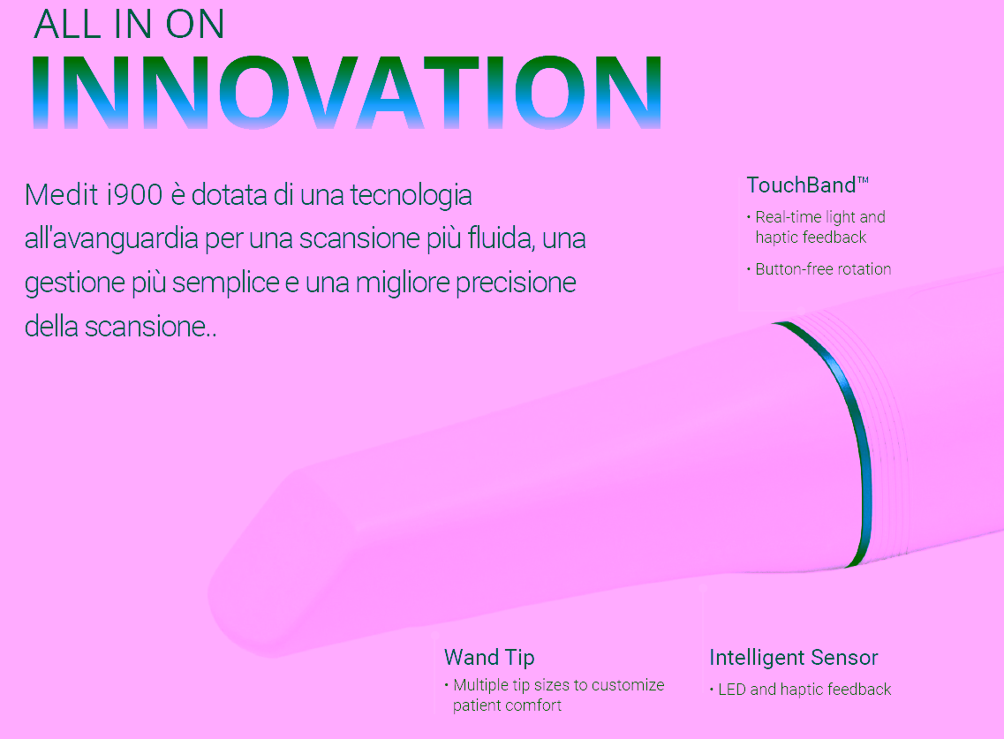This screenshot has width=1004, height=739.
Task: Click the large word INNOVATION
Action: [x=346, y=92]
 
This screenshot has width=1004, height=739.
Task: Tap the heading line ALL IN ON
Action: [x=129, y=25]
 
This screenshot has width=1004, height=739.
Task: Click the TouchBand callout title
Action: [x=807, y=185]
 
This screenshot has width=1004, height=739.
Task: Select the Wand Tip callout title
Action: [x=489, y=657]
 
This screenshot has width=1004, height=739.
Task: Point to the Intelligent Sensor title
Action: [x=793, y=658]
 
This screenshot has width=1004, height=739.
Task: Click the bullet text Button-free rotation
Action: [x=823, y=269]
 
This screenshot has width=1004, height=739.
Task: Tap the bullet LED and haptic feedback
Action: [x=804, y=689]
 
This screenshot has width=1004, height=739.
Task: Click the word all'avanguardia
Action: [x=110, y=239]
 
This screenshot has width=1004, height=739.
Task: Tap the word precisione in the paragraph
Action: [x=516, y=283]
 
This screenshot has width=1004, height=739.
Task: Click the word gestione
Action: [x=75, y=283]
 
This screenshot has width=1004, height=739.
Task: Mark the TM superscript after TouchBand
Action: [x=863, y=180]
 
